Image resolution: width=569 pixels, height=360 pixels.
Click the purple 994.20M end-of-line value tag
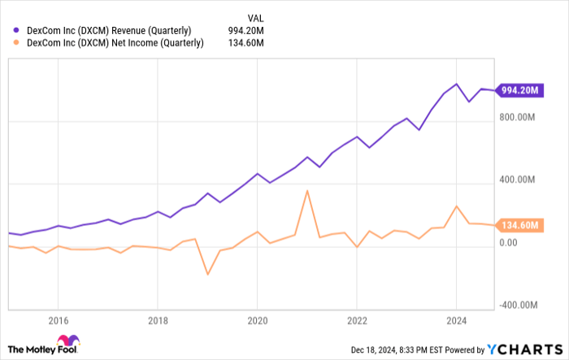519,90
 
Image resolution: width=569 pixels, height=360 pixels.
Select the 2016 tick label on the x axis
58,320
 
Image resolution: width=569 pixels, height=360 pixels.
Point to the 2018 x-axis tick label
158,320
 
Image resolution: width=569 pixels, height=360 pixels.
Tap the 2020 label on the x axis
257,320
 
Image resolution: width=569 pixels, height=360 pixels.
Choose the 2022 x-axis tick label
357,320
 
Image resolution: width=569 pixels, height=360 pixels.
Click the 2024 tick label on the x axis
457,320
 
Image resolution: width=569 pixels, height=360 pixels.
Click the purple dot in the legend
17,31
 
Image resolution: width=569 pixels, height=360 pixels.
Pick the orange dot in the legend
17,44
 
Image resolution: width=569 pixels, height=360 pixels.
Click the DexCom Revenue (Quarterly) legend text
109,31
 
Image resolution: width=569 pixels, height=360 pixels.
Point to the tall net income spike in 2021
307,191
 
